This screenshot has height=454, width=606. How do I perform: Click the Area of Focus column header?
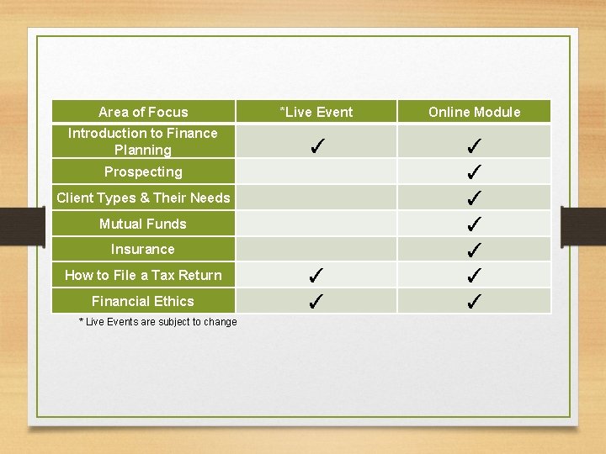(x=143, y=112)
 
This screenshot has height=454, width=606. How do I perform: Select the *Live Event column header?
(x=316, y=112)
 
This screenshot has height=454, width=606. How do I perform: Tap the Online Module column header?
(x=474, y=112)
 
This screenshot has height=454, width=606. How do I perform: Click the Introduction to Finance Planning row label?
(x=143, y=141)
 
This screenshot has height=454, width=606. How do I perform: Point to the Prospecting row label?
(x=143, y=172)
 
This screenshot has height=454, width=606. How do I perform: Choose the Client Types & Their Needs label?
(x=143, y=198)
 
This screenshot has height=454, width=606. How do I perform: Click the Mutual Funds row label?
(x=143, y=224)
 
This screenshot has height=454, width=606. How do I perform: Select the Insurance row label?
(x=143, y=249)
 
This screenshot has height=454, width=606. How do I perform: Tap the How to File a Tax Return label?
(x=143, y=275)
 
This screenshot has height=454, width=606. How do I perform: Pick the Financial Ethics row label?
(x=143, y=301)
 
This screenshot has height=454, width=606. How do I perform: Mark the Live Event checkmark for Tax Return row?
(x=316, y=274)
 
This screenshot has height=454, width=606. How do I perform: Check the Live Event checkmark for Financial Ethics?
(x=316, y=300)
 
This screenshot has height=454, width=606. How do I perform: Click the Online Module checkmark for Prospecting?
(x=474, y=172)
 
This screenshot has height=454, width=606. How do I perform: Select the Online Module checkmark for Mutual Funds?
(x=474, y=224)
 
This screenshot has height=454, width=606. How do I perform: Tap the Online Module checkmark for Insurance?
(x=474, y=250)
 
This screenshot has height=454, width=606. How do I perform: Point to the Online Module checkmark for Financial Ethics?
(x=474, y=300)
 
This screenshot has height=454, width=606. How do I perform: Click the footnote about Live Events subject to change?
(x=157, y=322)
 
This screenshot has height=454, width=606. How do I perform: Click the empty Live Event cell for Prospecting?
(x=316, y=172)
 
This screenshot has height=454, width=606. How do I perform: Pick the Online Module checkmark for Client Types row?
(x=474, y=198)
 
